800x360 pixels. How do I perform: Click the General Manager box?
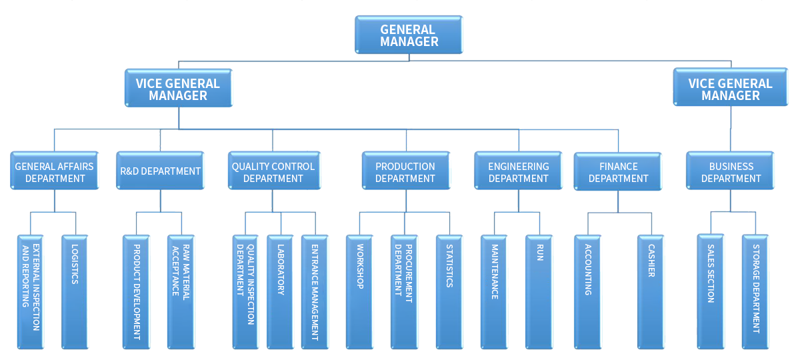409,35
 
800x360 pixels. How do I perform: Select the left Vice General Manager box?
178,89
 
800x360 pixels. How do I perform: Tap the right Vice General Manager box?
730,89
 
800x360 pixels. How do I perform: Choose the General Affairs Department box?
54,172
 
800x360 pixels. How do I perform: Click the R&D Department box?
160,171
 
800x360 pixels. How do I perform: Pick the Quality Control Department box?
273,172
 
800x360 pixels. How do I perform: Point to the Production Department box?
405,172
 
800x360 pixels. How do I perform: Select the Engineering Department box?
518,172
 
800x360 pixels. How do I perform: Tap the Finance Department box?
617,172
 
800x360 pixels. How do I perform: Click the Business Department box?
731,172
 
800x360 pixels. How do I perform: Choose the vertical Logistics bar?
75,292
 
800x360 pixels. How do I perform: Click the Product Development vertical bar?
136,292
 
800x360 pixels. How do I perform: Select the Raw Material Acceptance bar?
181,292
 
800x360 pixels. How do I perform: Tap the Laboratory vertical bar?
280,292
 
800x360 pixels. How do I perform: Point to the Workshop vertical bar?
359,292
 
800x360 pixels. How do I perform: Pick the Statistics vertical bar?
449,292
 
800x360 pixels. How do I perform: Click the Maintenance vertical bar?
494,292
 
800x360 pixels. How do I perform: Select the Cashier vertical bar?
651,292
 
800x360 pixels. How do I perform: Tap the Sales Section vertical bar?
710,292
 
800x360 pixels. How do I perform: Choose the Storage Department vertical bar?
755,292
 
